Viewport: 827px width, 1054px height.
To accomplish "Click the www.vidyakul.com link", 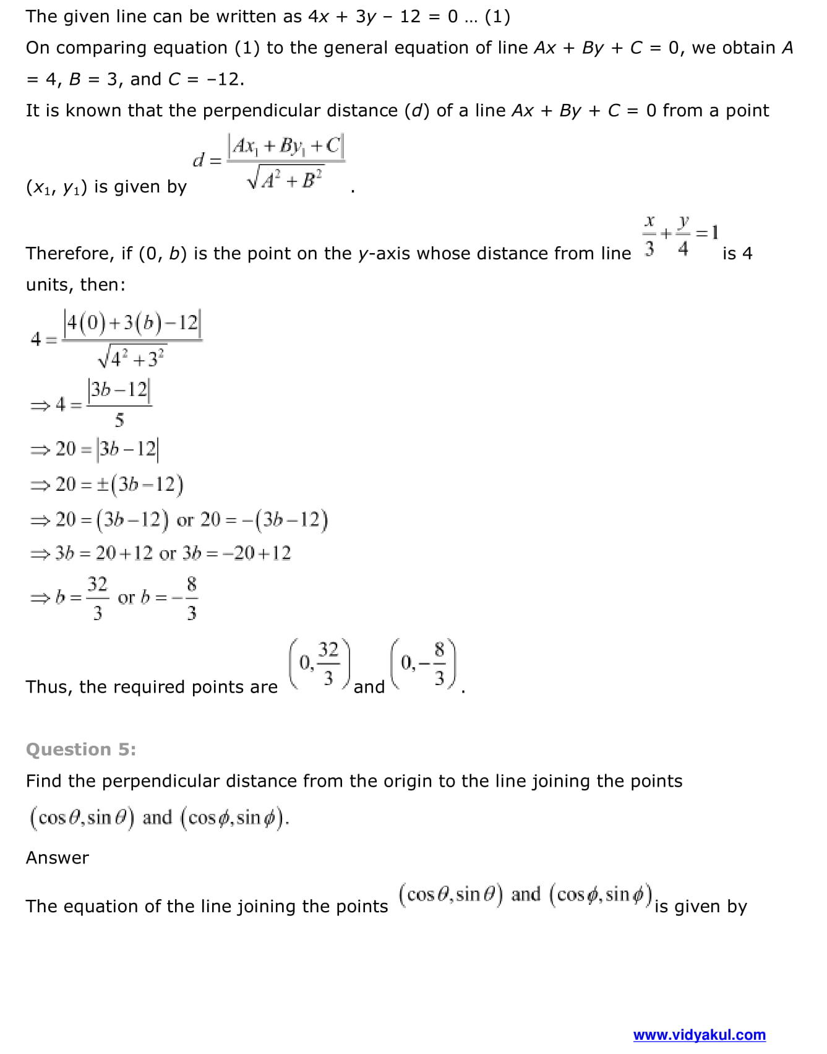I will tap(699, 1035).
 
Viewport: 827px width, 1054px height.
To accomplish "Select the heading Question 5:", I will tap(81, 749).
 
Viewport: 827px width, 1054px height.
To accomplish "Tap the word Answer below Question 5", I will tap(58, 858).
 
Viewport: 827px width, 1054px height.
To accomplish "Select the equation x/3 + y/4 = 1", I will tap(681, 235).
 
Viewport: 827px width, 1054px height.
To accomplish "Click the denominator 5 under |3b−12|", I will tap(119, 421).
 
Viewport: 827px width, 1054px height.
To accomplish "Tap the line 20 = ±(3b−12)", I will tap(108, 485).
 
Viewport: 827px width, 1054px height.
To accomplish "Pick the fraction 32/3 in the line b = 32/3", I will tap(97, 598).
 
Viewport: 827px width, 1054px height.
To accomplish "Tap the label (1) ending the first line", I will tap(497, 17).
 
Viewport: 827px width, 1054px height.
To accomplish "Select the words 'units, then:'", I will tap(75, 285).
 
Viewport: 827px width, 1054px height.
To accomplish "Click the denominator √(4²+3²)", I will tap(132, 357).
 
